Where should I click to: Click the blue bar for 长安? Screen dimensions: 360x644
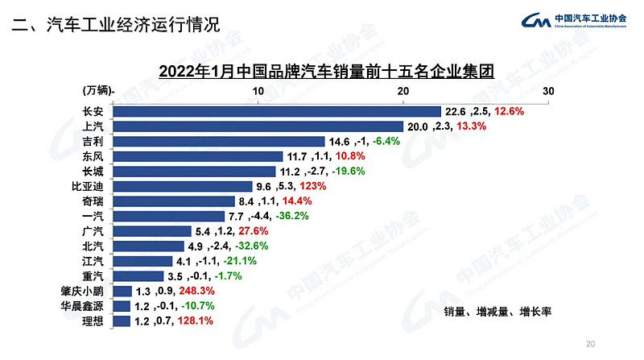point(278,111)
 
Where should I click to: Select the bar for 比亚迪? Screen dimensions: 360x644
point(184,186)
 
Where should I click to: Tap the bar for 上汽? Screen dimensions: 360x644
point(258,126)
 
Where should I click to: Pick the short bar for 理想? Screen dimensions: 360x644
point(122,321)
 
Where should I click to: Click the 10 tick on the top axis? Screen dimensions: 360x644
point(258,91)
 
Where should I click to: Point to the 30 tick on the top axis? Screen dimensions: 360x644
point(548,91)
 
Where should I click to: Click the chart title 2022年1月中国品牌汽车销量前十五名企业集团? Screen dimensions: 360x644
point(326,70)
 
